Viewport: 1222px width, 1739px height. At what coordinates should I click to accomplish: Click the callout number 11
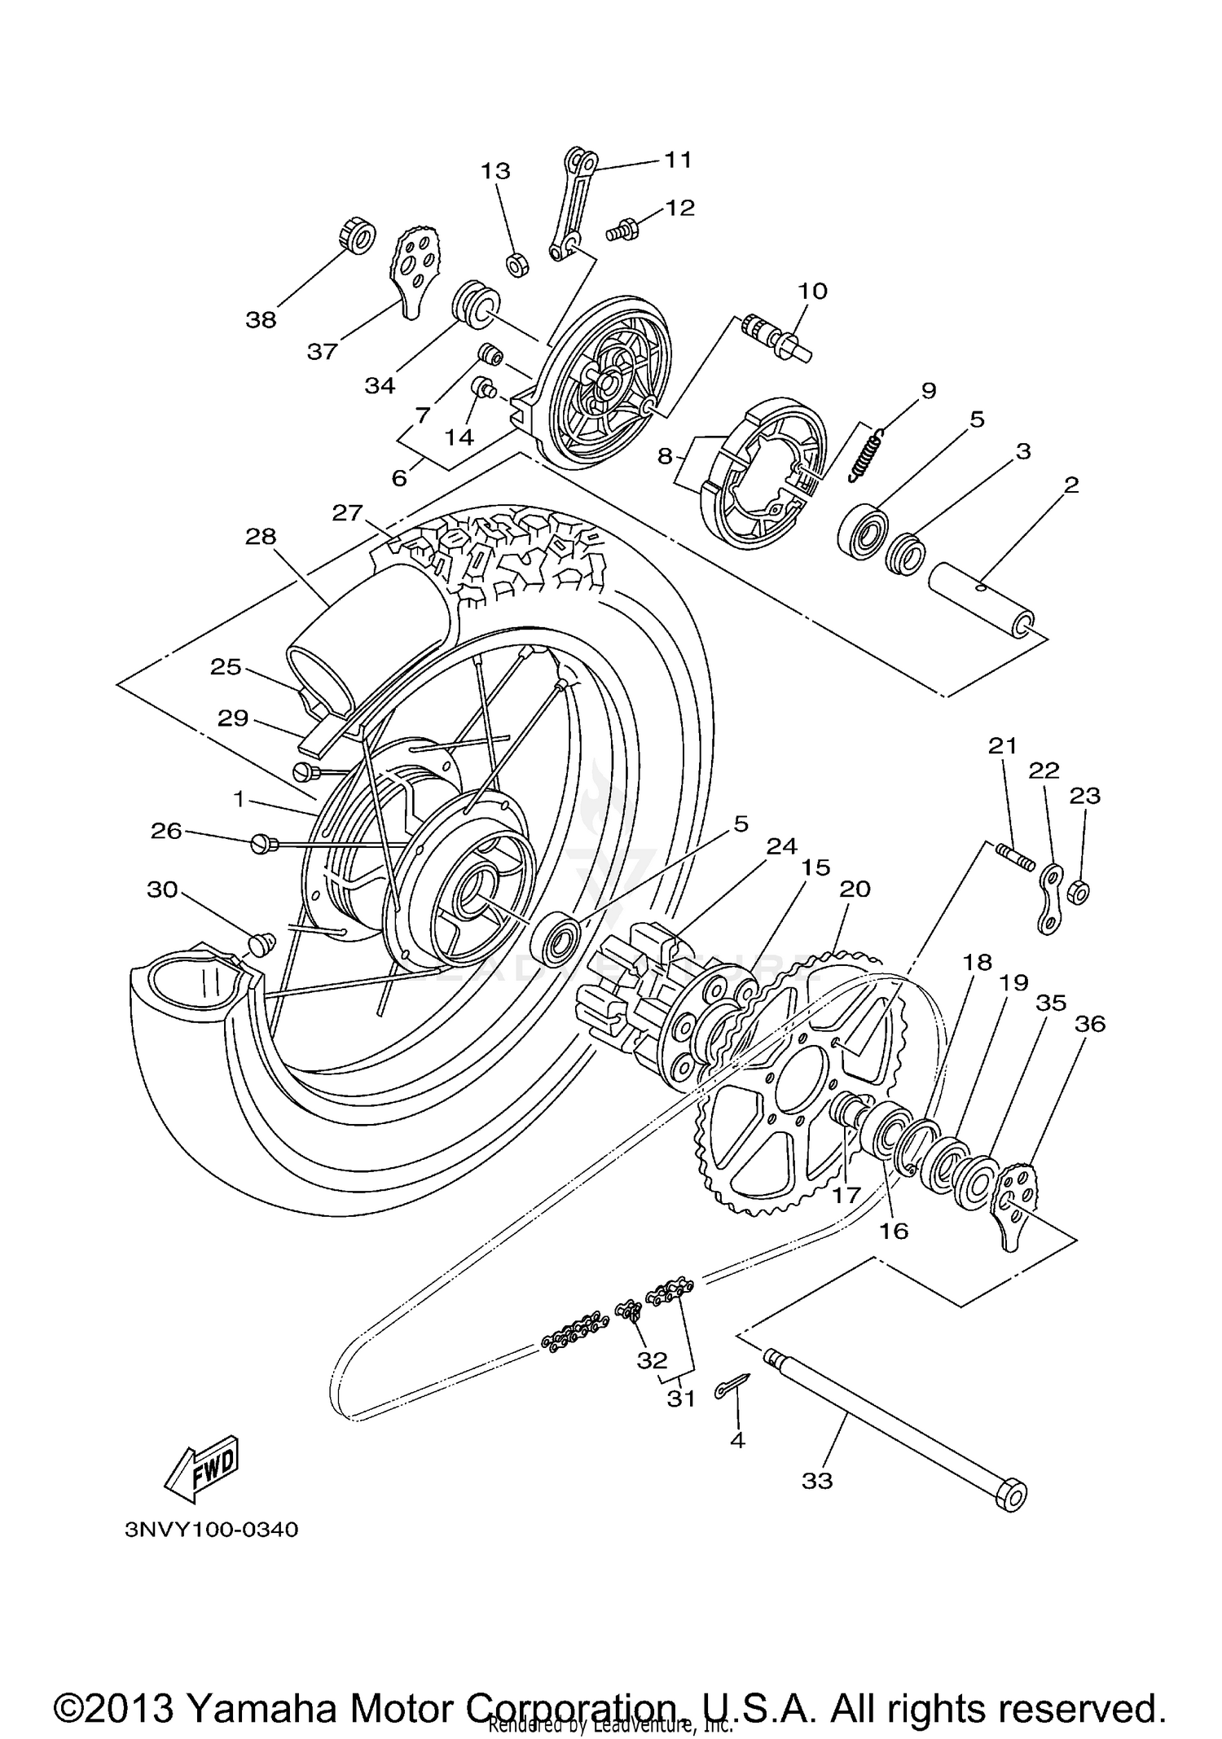tap(678, 160)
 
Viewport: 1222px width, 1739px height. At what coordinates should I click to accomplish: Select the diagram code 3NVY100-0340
tap(212, 1530)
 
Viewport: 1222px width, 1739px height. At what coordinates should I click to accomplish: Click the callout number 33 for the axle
tap(817, 1480)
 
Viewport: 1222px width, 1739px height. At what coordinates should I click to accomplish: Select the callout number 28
tap(261, 537)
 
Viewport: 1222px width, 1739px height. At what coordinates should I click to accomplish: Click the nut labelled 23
tap(1079, 893)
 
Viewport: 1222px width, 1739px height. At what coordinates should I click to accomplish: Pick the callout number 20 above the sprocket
tap(855, 889)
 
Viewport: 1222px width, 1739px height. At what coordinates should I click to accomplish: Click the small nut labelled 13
tap(514, 265)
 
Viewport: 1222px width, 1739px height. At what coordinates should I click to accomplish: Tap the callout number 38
tap(261, 320)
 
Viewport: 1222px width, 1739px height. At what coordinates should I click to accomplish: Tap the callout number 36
tap(1090, 1024)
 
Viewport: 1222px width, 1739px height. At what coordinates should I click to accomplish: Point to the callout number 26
tap(166, 831)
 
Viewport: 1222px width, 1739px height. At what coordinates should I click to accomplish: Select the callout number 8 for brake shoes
tap(666, 456)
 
